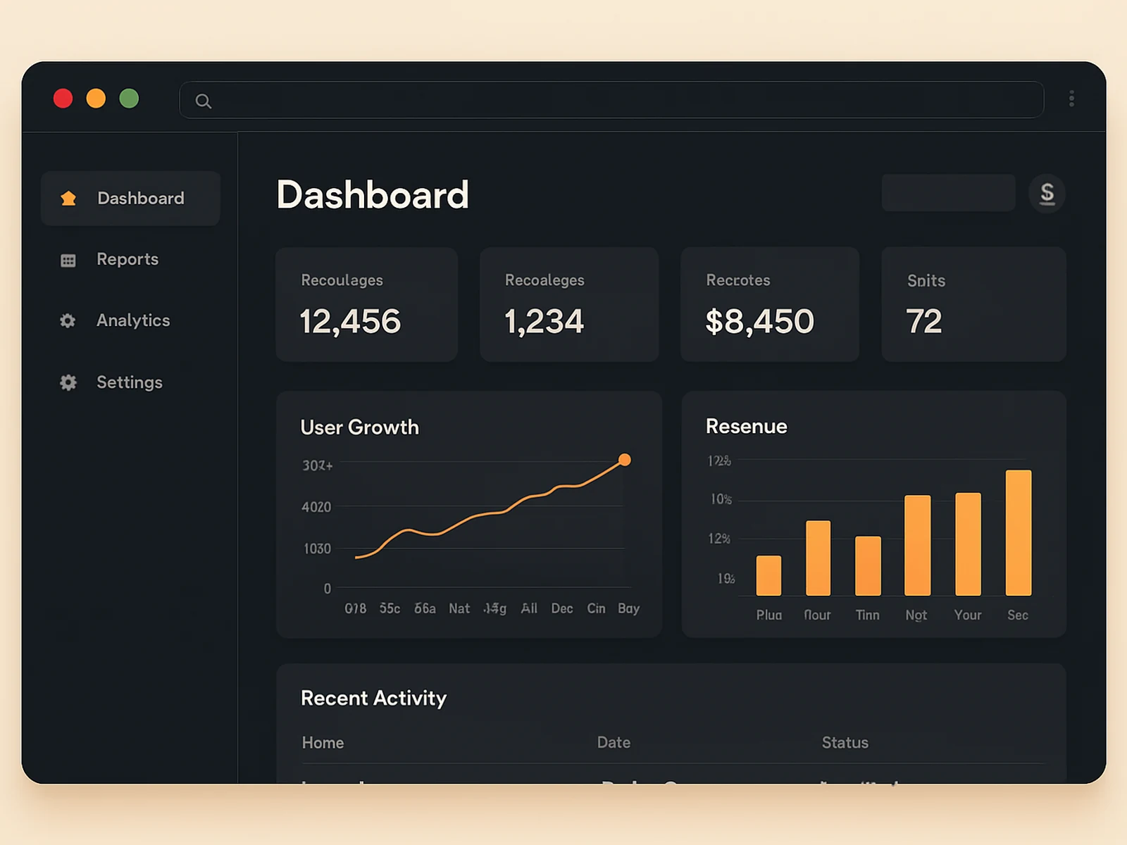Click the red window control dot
(x=63, y=99)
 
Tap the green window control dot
(x=129, y=99)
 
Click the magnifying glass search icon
(x=204, y=101)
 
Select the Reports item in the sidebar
(x=127, y=259)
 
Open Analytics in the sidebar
(x=133, y=320)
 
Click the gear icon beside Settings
(x=68, y=382)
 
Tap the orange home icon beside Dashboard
(x=68, y=199)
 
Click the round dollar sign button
(x=1047, y=194)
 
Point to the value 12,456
(x=350, y=322)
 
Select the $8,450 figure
(x=759, y=322)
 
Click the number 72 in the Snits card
(x=923, y=322)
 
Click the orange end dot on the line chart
(x=625, y=460)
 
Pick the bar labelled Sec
(x=1019, y=533)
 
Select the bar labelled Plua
(x=768, y=575)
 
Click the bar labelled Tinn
(x=868, y=565)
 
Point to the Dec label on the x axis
(x=561, y=608)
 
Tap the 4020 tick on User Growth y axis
(x=316, y=507)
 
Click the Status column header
(x=845, y=743)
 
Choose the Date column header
(x=614, y=743)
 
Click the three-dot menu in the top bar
(x=1071, y=99)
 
